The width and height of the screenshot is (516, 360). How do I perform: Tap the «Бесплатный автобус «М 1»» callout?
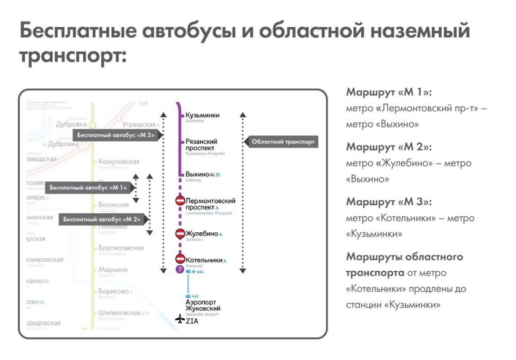coord(87,187)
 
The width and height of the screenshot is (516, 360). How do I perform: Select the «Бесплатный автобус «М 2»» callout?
coord(101,219)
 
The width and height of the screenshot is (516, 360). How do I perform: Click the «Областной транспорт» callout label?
coord(283,142)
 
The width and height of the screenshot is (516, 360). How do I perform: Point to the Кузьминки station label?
coord(202,115)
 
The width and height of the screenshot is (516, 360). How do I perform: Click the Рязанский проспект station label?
coord(201,145)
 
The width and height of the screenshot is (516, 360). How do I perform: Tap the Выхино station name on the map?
coord(198,174)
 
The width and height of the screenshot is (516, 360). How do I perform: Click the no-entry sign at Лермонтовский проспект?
coord(181,201)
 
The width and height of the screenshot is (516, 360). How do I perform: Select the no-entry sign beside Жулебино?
coord(181,233)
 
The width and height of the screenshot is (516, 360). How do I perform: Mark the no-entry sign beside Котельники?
coord(181,259)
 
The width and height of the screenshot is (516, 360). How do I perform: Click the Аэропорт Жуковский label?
coord(203,305)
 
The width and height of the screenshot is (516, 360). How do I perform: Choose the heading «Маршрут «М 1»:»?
coord(389,93)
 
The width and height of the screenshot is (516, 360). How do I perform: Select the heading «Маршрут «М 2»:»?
coord(389,147)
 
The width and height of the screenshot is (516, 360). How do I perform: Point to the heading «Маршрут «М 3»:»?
coord(389,202)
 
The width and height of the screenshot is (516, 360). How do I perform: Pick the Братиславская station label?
coord(121,248)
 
